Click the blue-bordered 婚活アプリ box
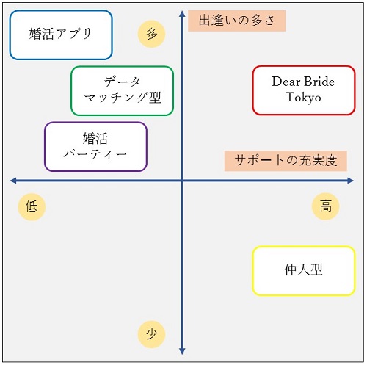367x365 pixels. pos(61,35)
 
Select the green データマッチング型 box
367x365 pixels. pos(122,90)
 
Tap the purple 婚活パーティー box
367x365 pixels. pos(95,147)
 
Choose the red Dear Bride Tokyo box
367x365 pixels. pos(304,90)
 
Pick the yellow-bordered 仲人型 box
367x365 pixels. pos(304,270)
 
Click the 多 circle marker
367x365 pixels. pos(152,34)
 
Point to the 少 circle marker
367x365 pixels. pos(152,334)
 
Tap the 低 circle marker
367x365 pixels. pos(32,206)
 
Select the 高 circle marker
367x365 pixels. pos(325,206)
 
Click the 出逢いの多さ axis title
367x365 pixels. pos(236,21)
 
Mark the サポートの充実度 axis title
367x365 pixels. pos(286,161)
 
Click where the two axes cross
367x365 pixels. pos(182,181)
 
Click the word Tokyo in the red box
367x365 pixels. pos(303,98)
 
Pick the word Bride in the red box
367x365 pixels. pos(319,82)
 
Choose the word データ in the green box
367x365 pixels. pos(122,82)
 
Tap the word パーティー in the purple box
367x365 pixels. pos(95,154)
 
